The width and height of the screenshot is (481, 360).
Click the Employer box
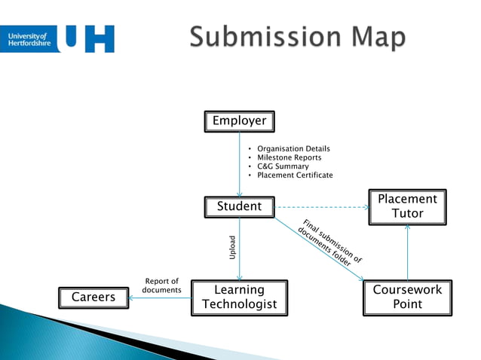coord(239,121)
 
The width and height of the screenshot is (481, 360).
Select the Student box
coord(239,206)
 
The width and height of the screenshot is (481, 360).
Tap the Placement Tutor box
coord(407,206)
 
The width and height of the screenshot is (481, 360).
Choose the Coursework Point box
coord(407,297)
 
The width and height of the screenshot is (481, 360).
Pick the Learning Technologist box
coord(239,297)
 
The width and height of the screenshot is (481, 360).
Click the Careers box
coord(93,297)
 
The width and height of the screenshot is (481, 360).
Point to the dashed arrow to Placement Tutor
coord(320,206)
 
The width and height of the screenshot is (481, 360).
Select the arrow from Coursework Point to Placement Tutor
coord(407,252)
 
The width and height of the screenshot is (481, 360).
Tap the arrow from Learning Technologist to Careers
coord(160,297)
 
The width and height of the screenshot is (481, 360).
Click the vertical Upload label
coord(232,249)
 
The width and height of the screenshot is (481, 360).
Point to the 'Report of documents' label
coord(161,285)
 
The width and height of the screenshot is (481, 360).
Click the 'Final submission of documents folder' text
coord(329,243)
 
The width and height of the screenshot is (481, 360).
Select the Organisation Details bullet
coord(293,149)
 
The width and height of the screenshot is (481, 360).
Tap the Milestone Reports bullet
coord(289,157)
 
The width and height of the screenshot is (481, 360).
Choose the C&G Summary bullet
coord(283,166)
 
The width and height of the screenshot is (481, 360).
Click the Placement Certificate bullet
coord(295,175)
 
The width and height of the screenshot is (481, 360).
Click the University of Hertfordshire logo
coord(62,38)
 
